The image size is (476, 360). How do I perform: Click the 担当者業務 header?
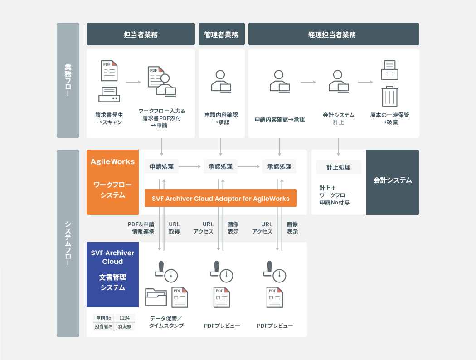click(x=141, y=34)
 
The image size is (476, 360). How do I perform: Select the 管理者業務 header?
click(x=221, y=34)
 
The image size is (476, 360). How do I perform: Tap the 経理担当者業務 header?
click(x=334, y=34)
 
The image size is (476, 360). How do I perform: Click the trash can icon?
click(x=389, y=97)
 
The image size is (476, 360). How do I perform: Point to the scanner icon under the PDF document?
click(x=109, y=94)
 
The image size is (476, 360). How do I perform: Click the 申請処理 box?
click(x=161, y=166)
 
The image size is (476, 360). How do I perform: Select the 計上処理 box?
click(x=339, y=167)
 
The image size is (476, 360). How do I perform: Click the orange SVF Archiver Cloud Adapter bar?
click(x=220, y=198)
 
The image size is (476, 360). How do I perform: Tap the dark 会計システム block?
click(x=393, y=180)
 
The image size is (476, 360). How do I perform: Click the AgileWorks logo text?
click(x=112, y=162)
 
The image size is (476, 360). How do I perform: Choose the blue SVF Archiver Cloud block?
click(x=112, y=275)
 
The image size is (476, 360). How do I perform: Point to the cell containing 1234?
click(x=124, y=318)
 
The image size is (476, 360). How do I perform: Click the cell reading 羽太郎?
click(x=124, y=326)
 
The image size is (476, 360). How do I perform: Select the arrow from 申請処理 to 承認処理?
click(x=190, y=167)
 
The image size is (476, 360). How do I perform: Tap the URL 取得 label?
click(x=174, y=228)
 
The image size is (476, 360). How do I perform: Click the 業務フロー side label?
click(x=68, y=80)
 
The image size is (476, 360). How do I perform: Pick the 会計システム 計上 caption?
click(x=338, y=118)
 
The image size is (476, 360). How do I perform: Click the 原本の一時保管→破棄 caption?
click(x=389, y=118)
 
